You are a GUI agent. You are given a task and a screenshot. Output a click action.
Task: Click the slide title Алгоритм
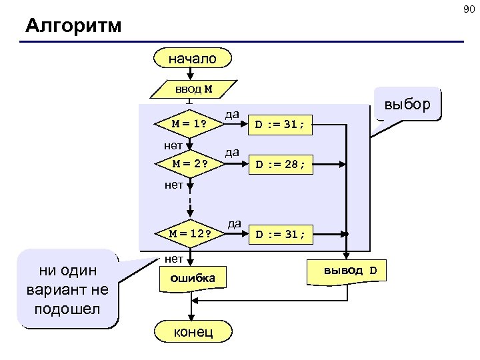[73, 26]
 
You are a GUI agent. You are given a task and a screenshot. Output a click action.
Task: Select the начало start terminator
[192, 59]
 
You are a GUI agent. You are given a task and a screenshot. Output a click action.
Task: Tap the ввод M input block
[193, 89]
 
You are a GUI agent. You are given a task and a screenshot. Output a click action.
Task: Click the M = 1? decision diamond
[189, 124]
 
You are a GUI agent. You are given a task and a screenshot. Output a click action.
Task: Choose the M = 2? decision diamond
[189, 164]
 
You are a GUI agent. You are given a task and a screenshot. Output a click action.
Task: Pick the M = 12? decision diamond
[189, 233]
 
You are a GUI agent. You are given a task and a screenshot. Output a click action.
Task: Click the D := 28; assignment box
[280, 165]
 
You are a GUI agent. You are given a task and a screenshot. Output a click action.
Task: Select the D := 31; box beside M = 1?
[280, 124]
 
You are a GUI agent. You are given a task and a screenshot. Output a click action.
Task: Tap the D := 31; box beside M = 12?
[280, 234]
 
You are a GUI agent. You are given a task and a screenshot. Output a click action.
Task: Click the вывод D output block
[349, 271]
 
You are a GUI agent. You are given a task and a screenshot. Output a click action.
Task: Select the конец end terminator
[193, 331]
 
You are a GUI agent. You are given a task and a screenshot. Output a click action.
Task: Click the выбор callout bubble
[408, 105]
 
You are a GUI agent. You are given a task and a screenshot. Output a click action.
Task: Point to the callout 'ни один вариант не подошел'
[69, 290]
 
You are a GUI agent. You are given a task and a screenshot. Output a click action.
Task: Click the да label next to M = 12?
[234, 223]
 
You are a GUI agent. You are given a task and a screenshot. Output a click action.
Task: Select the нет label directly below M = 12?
[175, 258]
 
